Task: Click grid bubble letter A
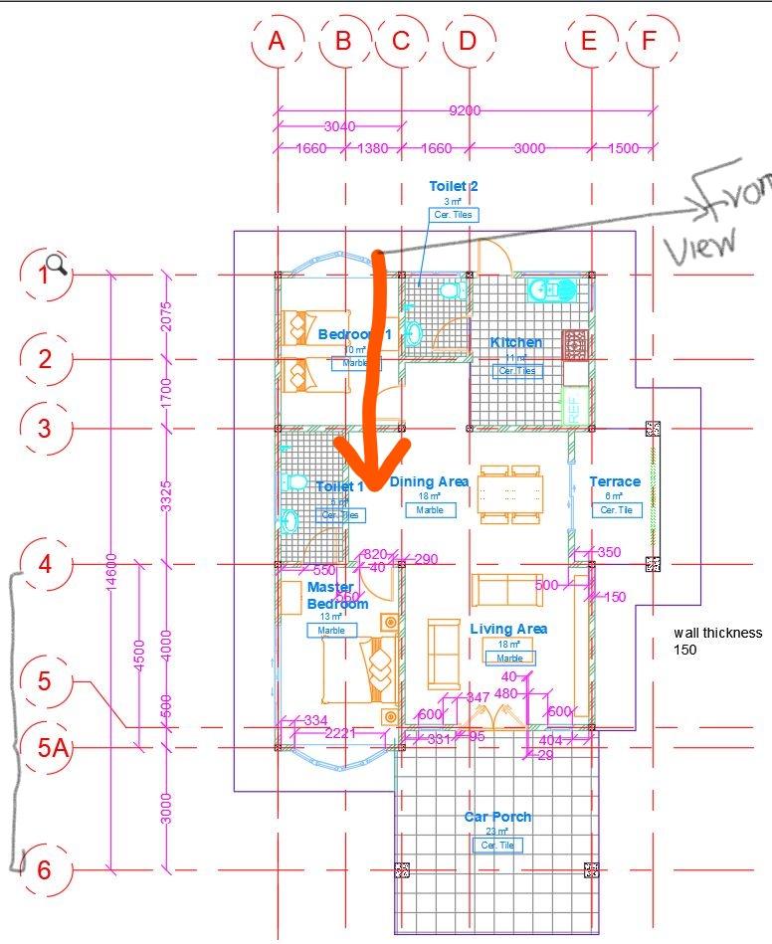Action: (277, 42)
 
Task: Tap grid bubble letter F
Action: (650, 42)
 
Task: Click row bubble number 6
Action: (44, 870)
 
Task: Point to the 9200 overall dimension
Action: (465, 110)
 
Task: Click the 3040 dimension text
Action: (339, 126)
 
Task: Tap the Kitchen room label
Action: (516, 342)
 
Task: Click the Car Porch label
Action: (497, 817)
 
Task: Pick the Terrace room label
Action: (615, 481)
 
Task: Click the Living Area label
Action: (508, 629)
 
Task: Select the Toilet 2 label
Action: (454, 186)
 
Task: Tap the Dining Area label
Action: (429, 481)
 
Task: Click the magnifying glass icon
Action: (57, 264)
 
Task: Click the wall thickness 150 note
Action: (717, 641)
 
